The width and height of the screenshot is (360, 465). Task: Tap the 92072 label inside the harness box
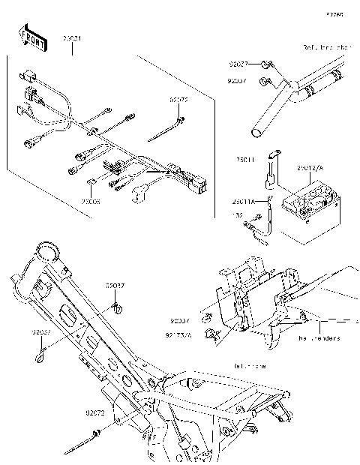(178, 98)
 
